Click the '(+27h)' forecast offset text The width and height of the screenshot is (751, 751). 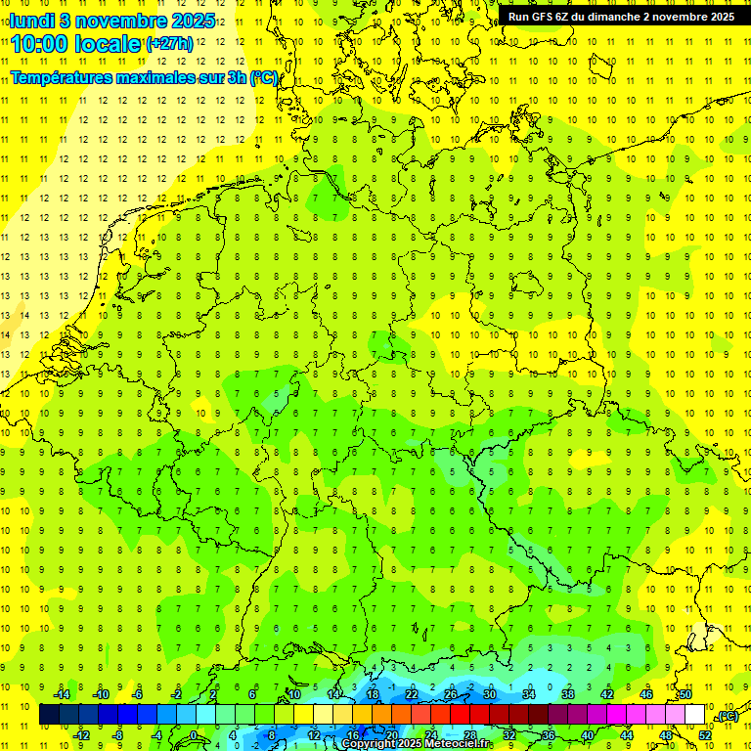coord(169,43)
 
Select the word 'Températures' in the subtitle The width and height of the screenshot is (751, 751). coord(62,77)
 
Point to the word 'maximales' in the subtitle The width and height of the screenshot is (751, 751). coord(155,77)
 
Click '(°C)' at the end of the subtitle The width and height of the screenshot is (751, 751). coord(264,77)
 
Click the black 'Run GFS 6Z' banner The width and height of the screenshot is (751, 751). coord(621,17)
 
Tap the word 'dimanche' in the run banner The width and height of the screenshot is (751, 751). coord(637,17)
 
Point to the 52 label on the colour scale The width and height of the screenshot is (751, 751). coord(705,734)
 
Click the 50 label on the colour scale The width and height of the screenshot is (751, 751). coord(685,694)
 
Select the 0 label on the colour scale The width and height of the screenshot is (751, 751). coord(194,734)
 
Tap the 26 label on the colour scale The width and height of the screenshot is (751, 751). coord(451,694)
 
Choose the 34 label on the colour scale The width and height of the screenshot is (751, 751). coord(529,694)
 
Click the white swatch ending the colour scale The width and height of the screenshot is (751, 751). coord(695,715)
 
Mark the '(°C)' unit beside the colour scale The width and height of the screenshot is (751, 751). coord(727,716)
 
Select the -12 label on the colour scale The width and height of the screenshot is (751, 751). coord(83,734)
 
